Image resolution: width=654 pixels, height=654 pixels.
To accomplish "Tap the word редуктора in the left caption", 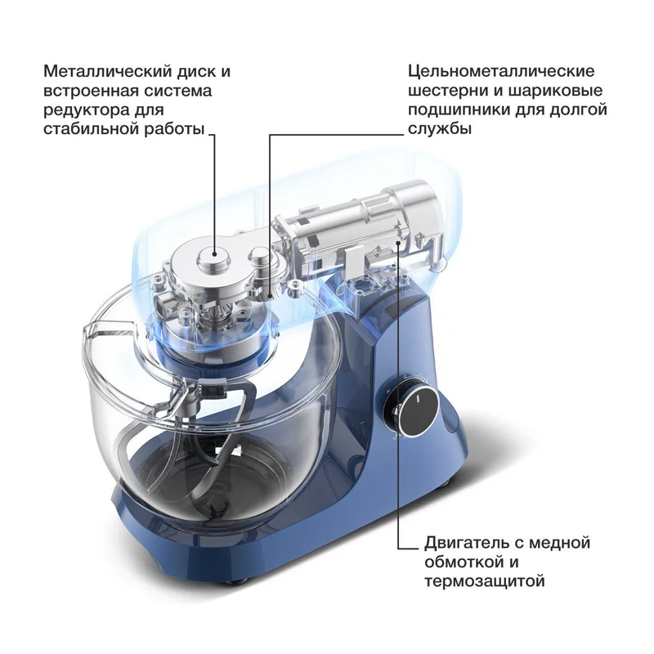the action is (87, 111).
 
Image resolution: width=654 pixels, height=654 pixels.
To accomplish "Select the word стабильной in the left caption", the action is (91, 129).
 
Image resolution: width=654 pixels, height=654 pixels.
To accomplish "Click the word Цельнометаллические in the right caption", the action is (501, 71).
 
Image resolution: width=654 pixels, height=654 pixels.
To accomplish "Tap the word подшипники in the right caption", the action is (459, 110).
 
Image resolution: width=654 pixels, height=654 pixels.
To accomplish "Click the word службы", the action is (440, 129).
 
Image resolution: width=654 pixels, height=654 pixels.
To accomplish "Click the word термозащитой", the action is (485, 581).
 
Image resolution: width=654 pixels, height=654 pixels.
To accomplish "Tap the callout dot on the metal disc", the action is (214, 253).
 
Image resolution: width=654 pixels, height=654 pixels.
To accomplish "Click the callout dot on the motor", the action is (399, 243).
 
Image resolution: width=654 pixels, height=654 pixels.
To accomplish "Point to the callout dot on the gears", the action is (271, 296).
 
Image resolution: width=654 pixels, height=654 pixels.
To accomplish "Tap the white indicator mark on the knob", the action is (416, 400).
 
